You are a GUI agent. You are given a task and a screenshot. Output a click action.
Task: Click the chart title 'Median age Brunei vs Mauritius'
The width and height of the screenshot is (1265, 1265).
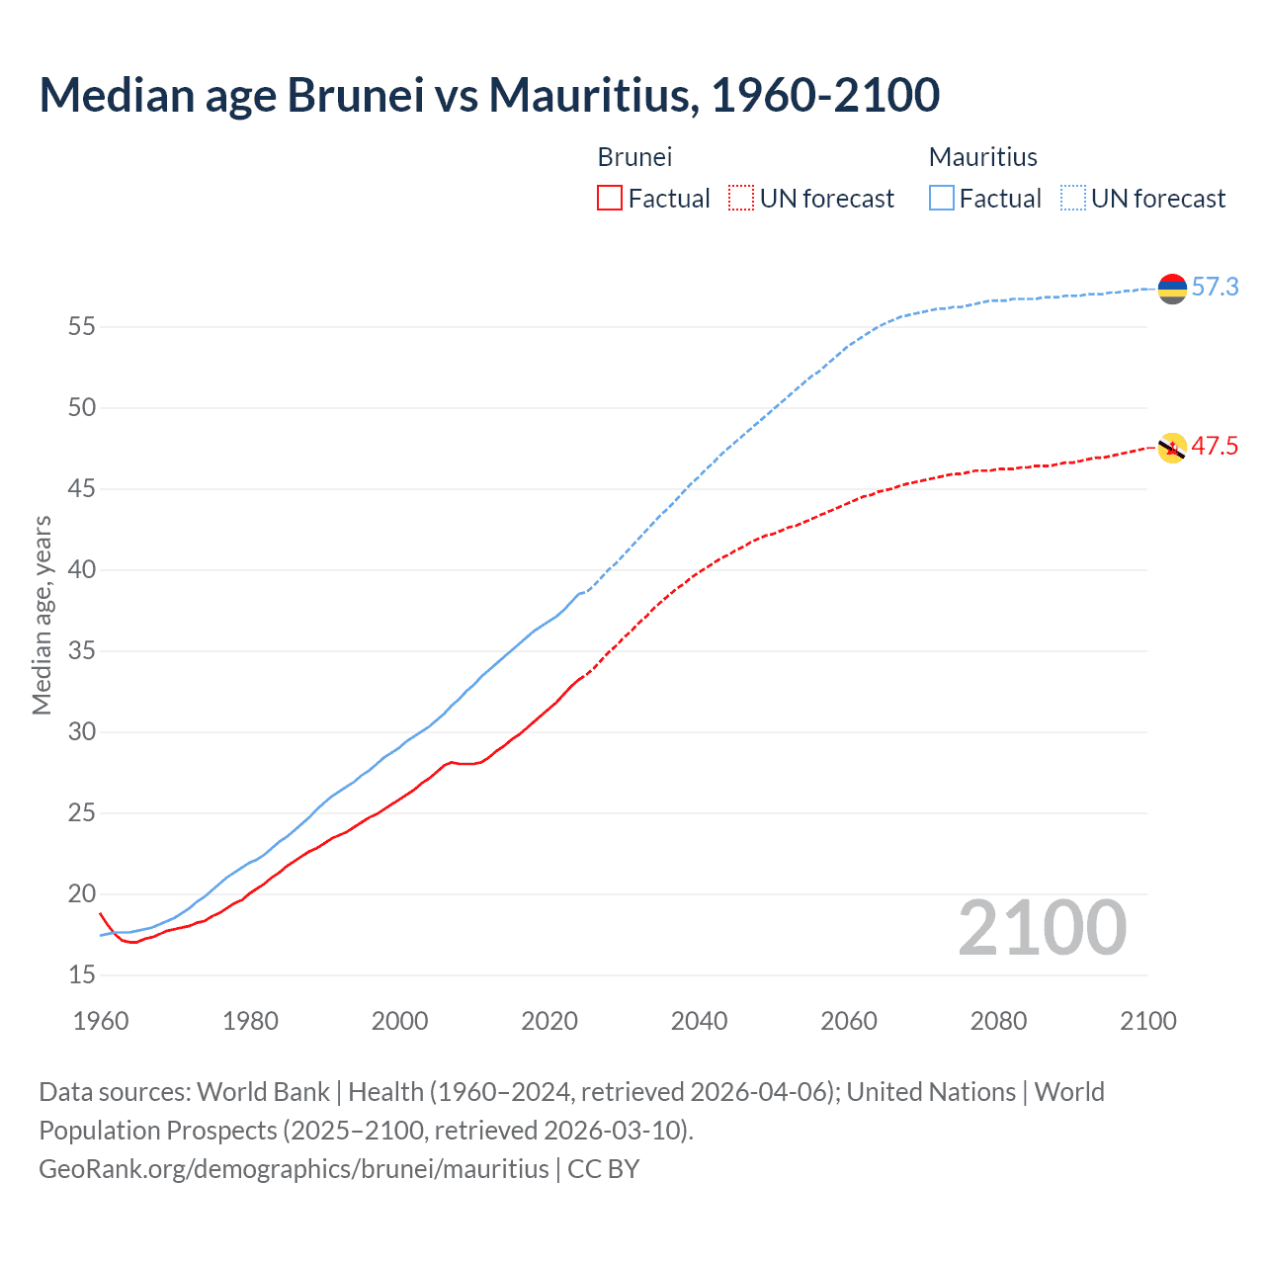(x=489, y=95)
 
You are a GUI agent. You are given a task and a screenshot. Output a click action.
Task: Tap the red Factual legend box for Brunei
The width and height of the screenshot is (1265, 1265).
(x=610, y=199)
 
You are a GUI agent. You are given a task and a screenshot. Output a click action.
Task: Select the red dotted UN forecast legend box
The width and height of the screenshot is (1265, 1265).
(x=741, y=199)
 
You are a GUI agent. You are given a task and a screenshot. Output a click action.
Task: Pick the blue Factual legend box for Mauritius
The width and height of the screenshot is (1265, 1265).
(x=942, y=199)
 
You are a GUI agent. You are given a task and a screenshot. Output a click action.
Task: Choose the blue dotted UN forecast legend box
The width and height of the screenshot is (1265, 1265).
(x=1073, y=199)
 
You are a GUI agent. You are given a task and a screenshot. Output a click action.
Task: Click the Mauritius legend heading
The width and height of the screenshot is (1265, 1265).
(x=982, y=157)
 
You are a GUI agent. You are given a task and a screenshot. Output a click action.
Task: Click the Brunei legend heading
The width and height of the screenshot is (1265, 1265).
(x=634, y=157)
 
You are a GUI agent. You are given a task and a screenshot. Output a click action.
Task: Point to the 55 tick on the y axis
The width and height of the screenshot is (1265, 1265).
(x=82, y=326)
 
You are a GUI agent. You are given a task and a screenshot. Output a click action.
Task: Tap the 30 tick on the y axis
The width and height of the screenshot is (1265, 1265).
(x=82, y=731)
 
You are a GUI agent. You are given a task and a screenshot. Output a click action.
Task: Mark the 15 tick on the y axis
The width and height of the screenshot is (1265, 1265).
(x=82, y=974)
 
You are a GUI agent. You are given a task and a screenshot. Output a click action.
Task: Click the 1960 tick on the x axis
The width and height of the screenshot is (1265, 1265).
(x=101, y=1021)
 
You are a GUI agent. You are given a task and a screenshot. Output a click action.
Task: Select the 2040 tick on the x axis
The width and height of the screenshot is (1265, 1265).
(x=699, y=1021)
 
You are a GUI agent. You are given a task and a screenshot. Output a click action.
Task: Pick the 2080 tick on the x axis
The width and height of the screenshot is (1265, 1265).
(x=998, y=1021)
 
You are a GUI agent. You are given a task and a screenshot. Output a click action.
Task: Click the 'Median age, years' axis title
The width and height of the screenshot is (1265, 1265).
(x=42, y=615)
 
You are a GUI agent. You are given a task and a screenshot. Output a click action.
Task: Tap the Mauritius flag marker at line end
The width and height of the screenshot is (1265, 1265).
(x=1172, y=289)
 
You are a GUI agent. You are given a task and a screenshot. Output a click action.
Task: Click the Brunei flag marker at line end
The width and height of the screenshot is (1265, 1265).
(x=1172, y=448)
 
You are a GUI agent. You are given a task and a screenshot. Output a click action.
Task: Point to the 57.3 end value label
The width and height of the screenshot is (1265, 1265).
(x=1215, y=288)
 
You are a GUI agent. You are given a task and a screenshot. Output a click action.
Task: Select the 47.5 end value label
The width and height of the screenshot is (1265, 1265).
(x=1215, y=447)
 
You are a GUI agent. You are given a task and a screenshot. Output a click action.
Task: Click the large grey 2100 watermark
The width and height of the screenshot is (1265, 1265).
(x=1042, y=928)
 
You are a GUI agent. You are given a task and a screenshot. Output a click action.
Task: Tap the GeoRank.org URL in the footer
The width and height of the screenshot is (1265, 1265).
(x=294, y=1169)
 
